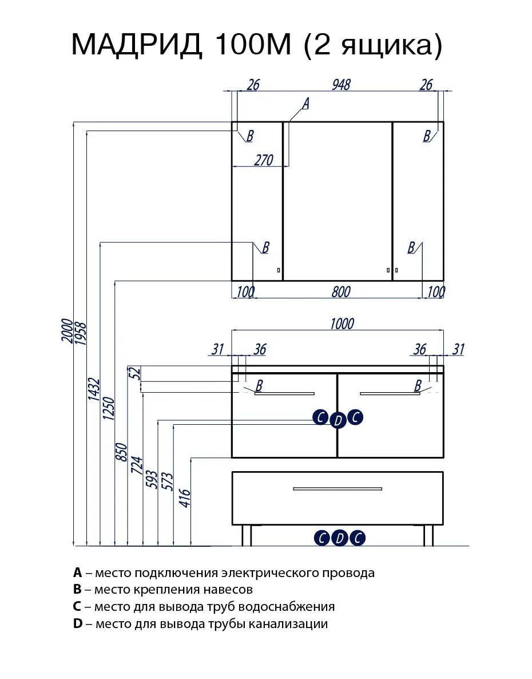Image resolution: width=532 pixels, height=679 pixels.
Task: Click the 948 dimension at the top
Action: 340,85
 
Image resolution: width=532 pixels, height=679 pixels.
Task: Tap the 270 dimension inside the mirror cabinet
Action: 263,160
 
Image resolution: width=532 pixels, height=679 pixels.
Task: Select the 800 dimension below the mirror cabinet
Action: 340,291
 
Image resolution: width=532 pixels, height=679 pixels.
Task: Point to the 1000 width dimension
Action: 342,323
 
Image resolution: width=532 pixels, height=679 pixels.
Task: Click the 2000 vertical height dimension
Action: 67,331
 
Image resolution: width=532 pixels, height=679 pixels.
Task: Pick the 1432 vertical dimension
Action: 94,392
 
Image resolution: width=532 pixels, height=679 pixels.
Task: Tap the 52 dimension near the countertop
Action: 135,373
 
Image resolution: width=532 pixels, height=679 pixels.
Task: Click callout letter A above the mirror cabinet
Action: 305,104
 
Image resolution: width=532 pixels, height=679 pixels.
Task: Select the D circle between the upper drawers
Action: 338,421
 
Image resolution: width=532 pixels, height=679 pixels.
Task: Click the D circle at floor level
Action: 340,538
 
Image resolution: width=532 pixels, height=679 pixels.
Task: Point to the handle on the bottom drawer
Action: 337,488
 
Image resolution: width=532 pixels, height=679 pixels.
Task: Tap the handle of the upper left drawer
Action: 284,394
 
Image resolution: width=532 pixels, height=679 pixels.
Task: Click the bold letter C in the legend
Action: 78,606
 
